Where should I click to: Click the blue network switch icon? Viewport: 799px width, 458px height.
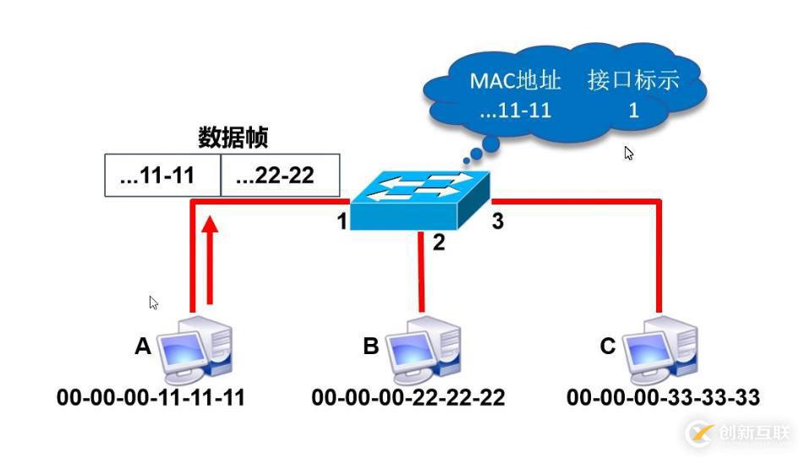coord(421,202)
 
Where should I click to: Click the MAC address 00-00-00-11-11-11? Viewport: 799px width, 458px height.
coord(150,397)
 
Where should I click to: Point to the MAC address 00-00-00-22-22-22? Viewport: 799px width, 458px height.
coord(408,397)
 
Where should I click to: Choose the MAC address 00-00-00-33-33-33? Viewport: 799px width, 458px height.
coord(664,397)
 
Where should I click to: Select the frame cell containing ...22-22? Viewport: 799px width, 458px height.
coord(280,176)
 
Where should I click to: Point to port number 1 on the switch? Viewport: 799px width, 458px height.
coord(342,223)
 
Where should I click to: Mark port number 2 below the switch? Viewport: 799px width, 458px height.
coord(438,243)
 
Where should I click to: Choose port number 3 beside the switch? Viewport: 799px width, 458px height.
coord(498,221)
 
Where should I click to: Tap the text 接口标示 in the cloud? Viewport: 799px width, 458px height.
coord(633,82)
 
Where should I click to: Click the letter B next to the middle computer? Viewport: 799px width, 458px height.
coord(370,346)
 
